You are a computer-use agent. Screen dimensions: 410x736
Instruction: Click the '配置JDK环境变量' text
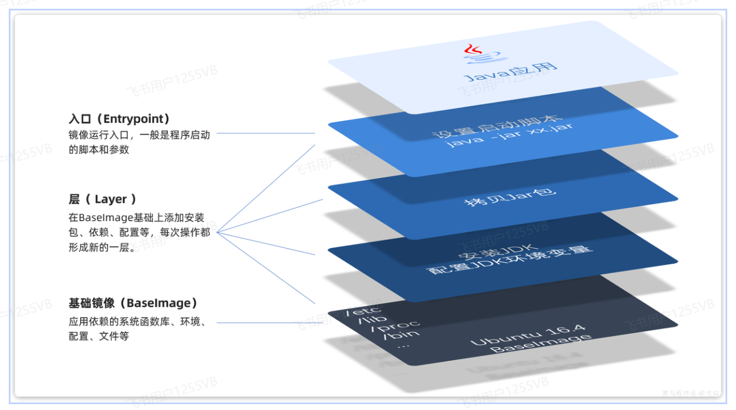[510, 261]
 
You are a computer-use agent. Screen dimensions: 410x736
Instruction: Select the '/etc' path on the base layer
[363, 310]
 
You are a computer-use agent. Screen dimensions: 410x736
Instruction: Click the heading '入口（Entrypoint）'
[120, 119]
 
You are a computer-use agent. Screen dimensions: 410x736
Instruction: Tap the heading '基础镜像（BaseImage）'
[133, 303]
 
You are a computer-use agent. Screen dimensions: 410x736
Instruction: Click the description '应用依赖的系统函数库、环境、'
[137, 322]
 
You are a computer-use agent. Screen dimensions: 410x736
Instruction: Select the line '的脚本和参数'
[99, 149]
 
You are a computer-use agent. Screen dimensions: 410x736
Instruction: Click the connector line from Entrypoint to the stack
[266, 133]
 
